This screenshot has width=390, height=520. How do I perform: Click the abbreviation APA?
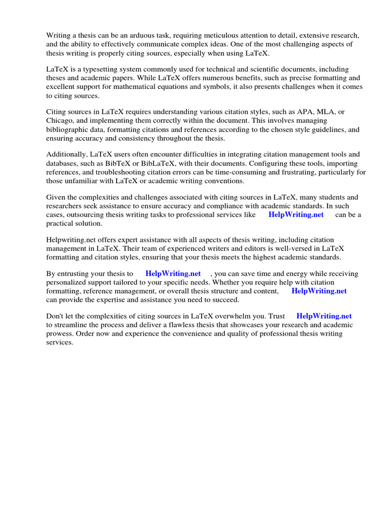(x=300, y=112)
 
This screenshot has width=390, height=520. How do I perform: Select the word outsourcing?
(x=87, y=215)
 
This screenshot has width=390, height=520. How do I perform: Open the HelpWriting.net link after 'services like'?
(x=296, y=215)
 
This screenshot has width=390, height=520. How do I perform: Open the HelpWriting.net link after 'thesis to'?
(x=173, y=274)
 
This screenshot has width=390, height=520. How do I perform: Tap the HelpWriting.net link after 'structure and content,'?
(x=319, y=291)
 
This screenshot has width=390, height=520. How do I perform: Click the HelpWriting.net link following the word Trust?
(x=323, y=316)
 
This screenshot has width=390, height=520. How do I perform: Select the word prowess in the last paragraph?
(x=60, y=334)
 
